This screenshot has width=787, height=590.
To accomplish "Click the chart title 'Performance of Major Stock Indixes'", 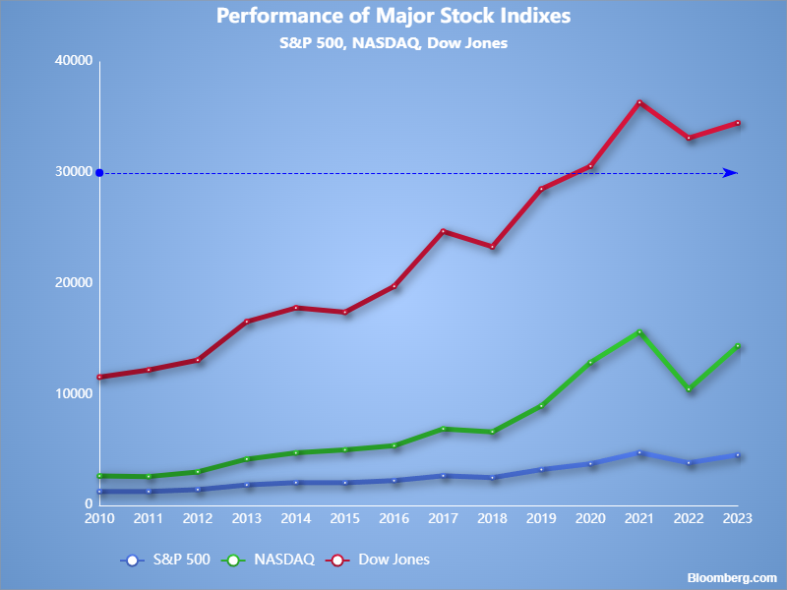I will (393, 17).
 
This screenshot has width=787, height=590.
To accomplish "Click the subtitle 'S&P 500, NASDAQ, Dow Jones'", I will (393, 43).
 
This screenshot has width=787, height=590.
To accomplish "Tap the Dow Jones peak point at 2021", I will (639, 102).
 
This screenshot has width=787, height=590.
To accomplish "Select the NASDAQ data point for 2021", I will (639, 332).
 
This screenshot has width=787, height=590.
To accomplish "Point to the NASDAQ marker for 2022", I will (689, 389).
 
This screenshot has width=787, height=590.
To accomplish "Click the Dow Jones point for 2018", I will (492, 247).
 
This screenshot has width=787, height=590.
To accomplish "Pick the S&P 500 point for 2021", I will (639, 452).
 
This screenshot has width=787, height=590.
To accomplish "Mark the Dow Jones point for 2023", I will (737, 123).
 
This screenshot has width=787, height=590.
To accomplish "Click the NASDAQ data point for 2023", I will (737, 346).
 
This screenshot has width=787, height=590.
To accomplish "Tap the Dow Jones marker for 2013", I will (246, 322).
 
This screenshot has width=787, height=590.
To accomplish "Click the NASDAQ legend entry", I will (271, 560).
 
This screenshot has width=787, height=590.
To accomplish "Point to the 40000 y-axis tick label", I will (73, 61).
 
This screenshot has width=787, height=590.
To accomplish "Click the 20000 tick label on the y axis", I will (73, 283).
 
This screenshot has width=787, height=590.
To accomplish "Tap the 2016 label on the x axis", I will (393, 518).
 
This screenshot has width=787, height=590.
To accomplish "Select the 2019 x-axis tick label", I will (541, 518).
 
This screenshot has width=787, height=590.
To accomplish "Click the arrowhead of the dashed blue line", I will (731, 173).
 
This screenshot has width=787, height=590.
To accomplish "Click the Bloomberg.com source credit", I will (732, 577).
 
